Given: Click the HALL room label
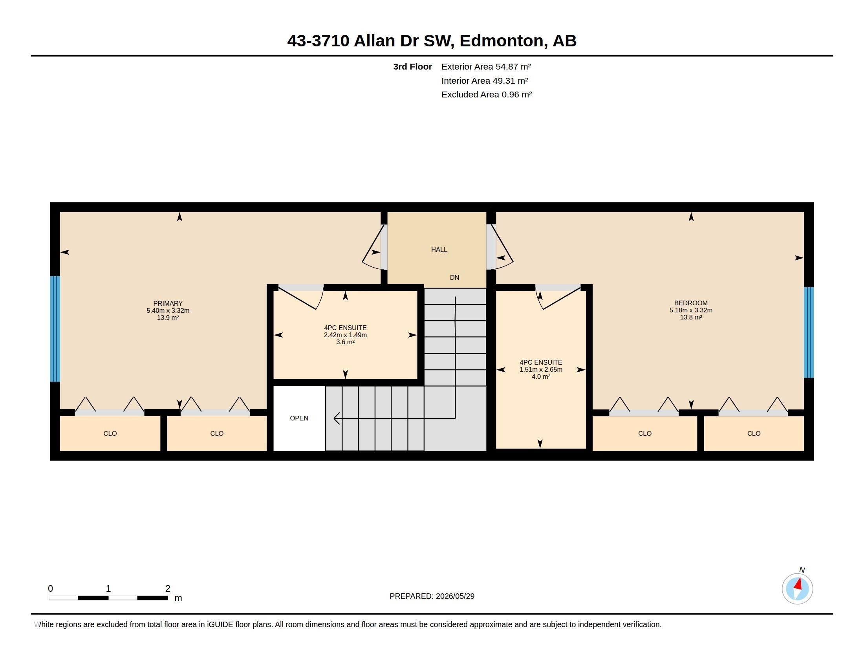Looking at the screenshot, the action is [x=439, y=250].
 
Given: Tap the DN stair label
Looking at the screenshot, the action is [x=454, y=277].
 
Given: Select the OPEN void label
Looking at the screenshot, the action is [x=299, y=418].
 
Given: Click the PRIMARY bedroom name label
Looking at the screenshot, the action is [x=168, y=303].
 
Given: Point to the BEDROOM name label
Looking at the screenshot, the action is [x=691, y=303].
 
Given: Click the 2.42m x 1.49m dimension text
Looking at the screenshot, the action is [x=345, y=335].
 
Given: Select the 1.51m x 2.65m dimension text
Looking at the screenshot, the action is [x=541, y=370].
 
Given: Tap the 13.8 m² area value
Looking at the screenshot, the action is [x=691, y=317].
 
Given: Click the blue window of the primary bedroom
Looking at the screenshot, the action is [x=55, y=329].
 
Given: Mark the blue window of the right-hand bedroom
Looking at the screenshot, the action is [x=809, y=332].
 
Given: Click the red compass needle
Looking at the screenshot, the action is [x=798, y=584].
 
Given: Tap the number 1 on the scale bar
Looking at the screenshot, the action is [x=108, y=589].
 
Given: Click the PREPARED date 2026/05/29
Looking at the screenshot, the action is [x=455, y=596].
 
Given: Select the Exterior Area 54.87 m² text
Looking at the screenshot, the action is [x=486, y=66].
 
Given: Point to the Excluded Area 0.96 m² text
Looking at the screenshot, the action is [x=487, y=95].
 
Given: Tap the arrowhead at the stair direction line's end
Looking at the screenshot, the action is [x=337, y=418].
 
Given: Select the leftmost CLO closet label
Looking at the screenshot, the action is [x=110, y=434].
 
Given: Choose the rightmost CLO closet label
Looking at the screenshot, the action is [x=754, y=434].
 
